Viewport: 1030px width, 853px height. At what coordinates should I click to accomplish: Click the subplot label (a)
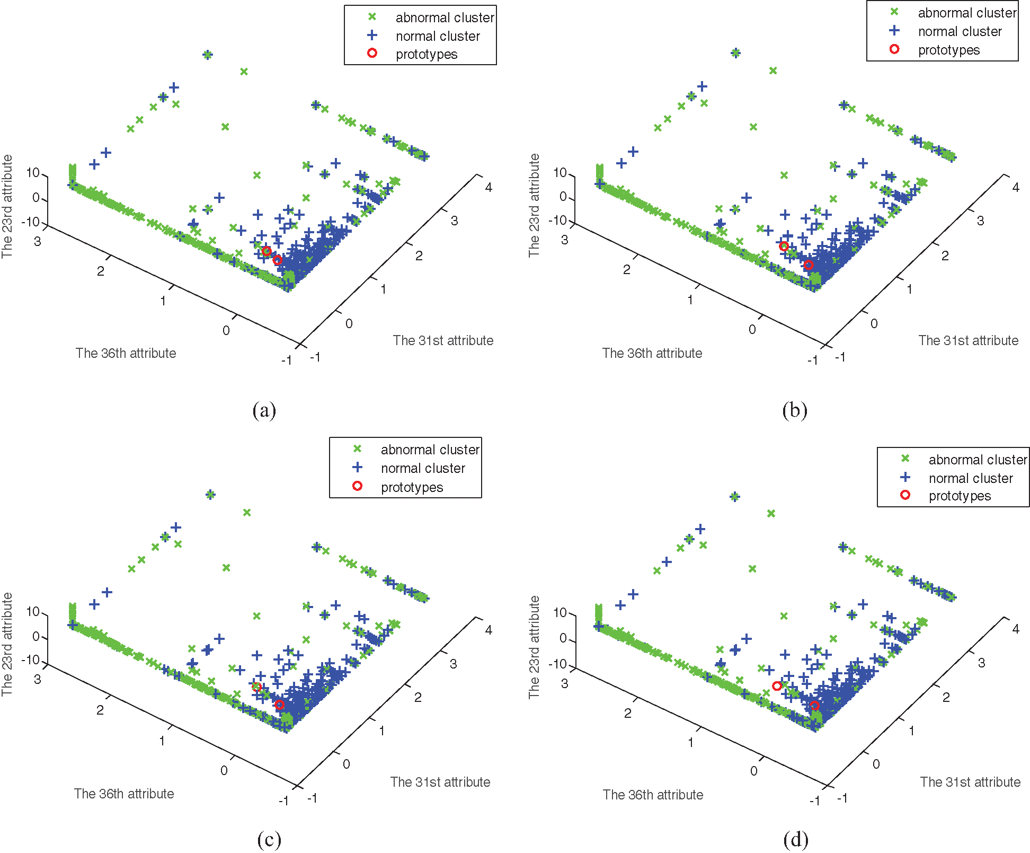point(264,410)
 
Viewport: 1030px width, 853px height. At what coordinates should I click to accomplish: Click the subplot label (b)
point(794,410)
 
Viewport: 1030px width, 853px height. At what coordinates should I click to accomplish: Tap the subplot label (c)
point(269,839)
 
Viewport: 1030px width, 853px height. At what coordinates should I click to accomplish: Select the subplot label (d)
point(795,839)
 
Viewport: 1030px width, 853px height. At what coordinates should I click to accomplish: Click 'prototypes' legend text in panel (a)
point(426,54)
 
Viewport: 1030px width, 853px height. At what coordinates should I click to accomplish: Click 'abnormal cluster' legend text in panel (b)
point(967,13)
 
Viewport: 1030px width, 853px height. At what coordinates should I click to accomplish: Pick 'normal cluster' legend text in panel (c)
point(423,468)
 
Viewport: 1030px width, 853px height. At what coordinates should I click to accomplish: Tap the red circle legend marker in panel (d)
point(905,495)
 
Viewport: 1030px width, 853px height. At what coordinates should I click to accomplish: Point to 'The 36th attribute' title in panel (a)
point(126,353)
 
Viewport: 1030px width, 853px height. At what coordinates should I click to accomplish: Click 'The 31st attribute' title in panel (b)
point(968,340)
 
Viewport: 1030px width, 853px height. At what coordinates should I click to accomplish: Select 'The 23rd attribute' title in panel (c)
point(7,644)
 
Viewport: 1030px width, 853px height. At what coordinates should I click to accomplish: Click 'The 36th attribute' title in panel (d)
point(653,795)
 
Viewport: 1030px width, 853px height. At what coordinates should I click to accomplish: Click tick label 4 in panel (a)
point(489,187)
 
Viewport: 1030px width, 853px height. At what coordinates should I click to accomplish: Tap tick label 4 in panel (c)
point(489,630)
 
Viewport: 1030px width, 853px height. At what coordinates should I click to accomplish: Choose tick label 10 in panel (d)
point(560,612)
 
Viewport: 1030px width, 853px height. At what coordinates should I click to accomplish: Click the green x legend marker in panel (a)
point(372,17)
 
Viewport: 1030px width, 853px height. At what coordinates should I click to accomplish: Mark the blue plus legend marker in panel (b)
point(894,31)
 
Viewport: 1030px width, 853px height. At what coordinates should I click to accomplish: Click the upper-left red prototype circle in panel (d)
point(777,686)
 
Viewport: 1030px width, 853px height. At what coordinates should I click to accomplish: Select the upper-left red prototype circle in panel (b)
point(784,246)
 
